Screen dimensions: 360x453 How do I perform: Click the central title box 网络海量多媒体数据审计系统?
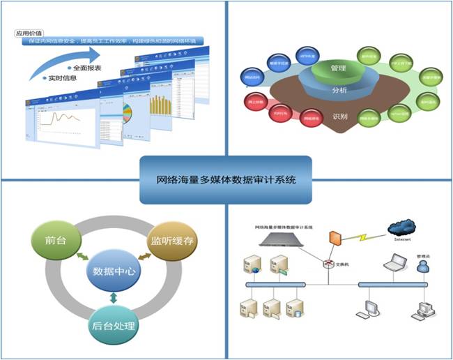pos(226,179)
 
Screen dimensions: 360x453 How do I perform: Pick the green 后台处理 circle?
pos(114,325)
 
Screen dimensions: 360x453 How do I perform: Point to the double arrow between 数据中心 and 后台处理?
pos(113,299)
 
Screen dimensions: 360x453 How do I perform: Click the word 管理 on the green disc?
pos(338,68)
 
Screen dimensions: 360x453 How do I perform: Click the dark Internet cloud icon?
pos(405,228)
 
